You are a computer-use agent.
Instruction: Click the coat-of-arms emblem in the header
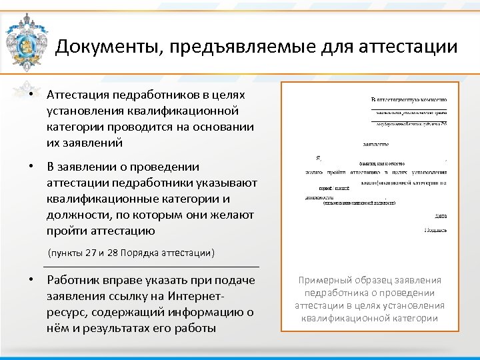click(x=26, y=41)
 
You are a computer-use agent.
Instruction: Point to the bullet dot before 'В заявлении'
click(x=31, y=167)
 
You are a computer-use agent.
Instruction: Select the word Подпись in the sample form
click(x=435, y=230)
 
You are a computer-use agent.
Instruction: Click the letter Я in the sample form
click(x=318, y=159)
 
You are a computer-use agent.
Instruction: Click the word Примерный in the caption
click(x=324, y=281)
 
